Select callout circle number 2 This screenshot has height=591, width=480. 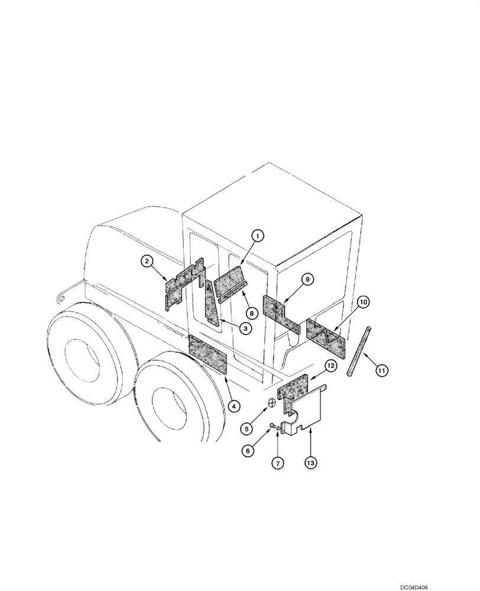(x=147, y=261)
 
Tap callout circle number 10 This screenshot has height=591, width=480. (x=364, y=302)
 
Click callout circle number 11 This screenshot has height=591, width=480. (x=382, y=371)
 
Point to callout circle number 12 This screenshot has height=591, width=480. (x=330, y=367)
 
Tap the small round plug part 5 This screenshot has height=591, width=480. (x=271, y=404)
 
